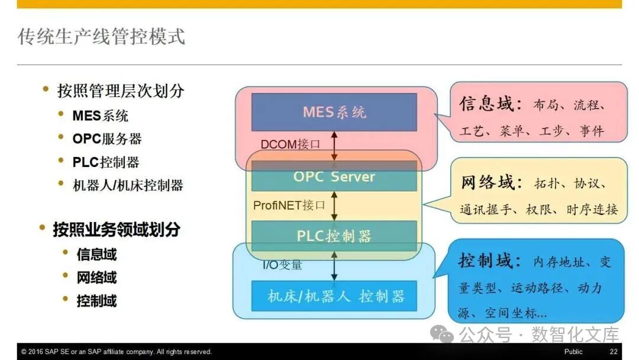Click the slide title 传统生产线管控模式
(x=101, y=36)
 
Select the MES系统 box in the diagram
(x=334, y=112)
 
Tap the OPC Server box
(x=334, y=176)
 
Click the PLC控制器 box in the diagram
(x=334, y=236)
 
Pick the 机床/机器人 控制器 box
(x=334, y=296)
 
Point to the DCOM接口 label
(x=290, y=144)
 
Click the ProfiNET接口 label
(x=289, y=205)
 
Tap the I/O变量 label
(x=282, y=265)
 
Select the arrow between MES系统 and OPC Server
(x=334, y=146)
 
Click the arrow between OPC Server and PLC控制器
(x=334, y=205)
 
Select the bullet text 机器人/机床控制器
(x=128, y=185)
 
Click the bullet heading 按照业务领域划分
(x=117, y=229)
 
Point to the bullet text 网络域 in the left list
(x=96, y=277)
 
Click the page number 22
(x=614, y=352)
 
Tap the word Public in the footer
(x=573, y=352)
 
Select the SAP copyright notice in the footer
(x=116, y=352)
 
